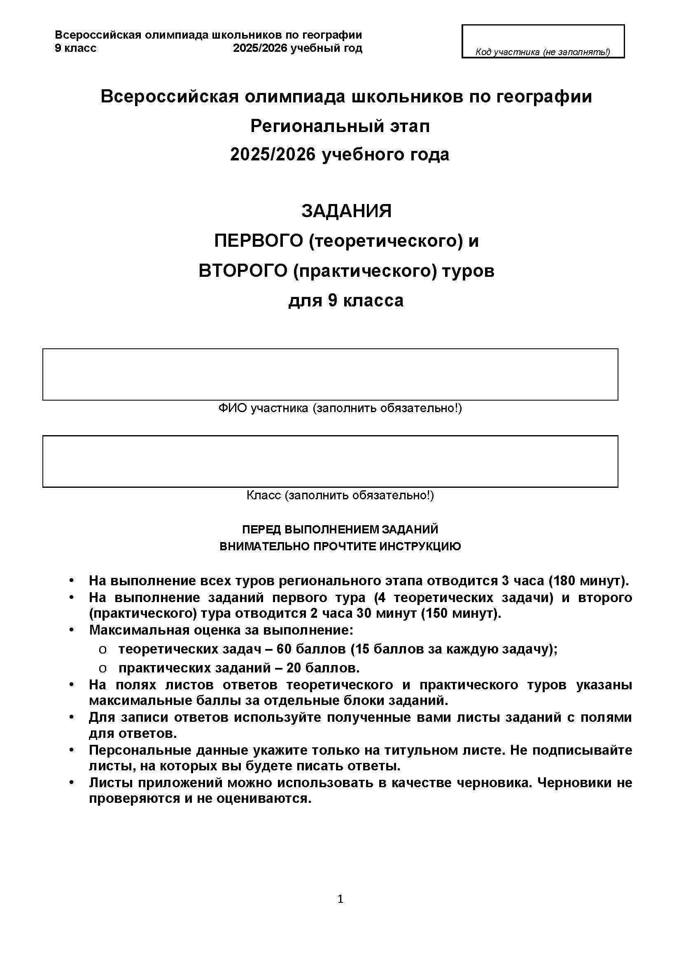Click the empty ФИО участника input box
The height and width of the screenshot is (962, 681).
tap(330, 374)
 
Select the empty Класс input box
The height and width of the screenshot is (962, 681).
tap(330, 461)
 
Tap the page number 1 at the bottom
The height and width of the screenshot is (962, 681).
tap(340, 899)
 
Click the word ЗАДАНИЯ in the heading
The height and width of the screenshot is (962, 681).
tap(346, 211)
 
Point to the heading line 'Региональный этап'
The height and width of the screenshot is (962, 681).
tap(340, 126)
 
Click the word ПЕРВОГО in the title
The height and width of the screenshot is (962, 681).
tap(258, 241)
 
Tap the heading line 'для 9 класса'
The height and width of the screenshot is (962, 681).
tap(346, 301)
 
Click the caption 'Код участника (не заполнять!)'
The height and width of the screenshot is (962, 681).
tap(543, 52)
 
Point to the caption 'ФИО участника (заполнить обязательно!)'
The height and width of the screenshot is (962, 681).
tap(340, 408)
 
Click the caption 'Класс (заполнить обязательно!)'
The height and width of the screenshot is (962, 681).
tap(340, 496)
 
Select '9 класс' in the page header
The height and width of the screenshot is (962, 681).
tap(75, 48)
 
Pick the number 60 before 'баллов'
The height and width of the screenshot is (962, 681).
tap(284, 649)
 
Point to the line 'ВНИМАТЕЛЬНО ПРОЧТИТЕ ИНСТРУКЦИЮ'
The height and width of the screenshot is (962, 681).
tap(340, 546)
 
